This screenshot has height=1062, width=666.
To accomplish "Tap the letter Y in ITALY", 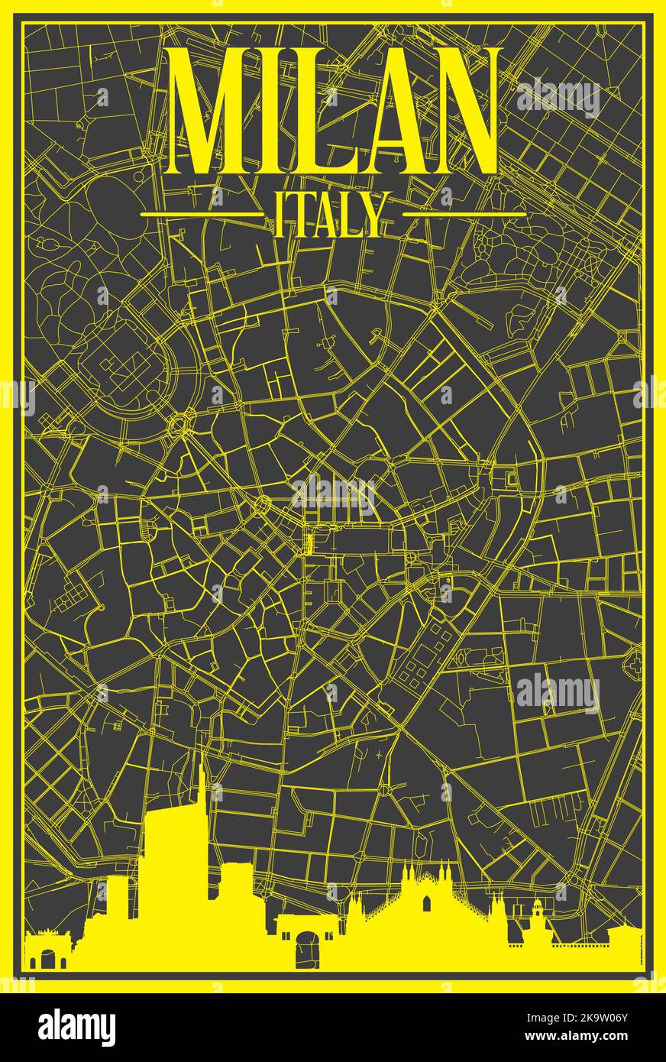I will (x=369, y=215).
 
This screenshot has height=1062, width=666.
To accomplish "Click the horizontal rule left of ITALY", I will (x=202, y=215).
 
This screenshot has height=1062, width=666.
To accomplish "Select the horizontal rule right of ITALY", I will (x=464, y=215).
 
